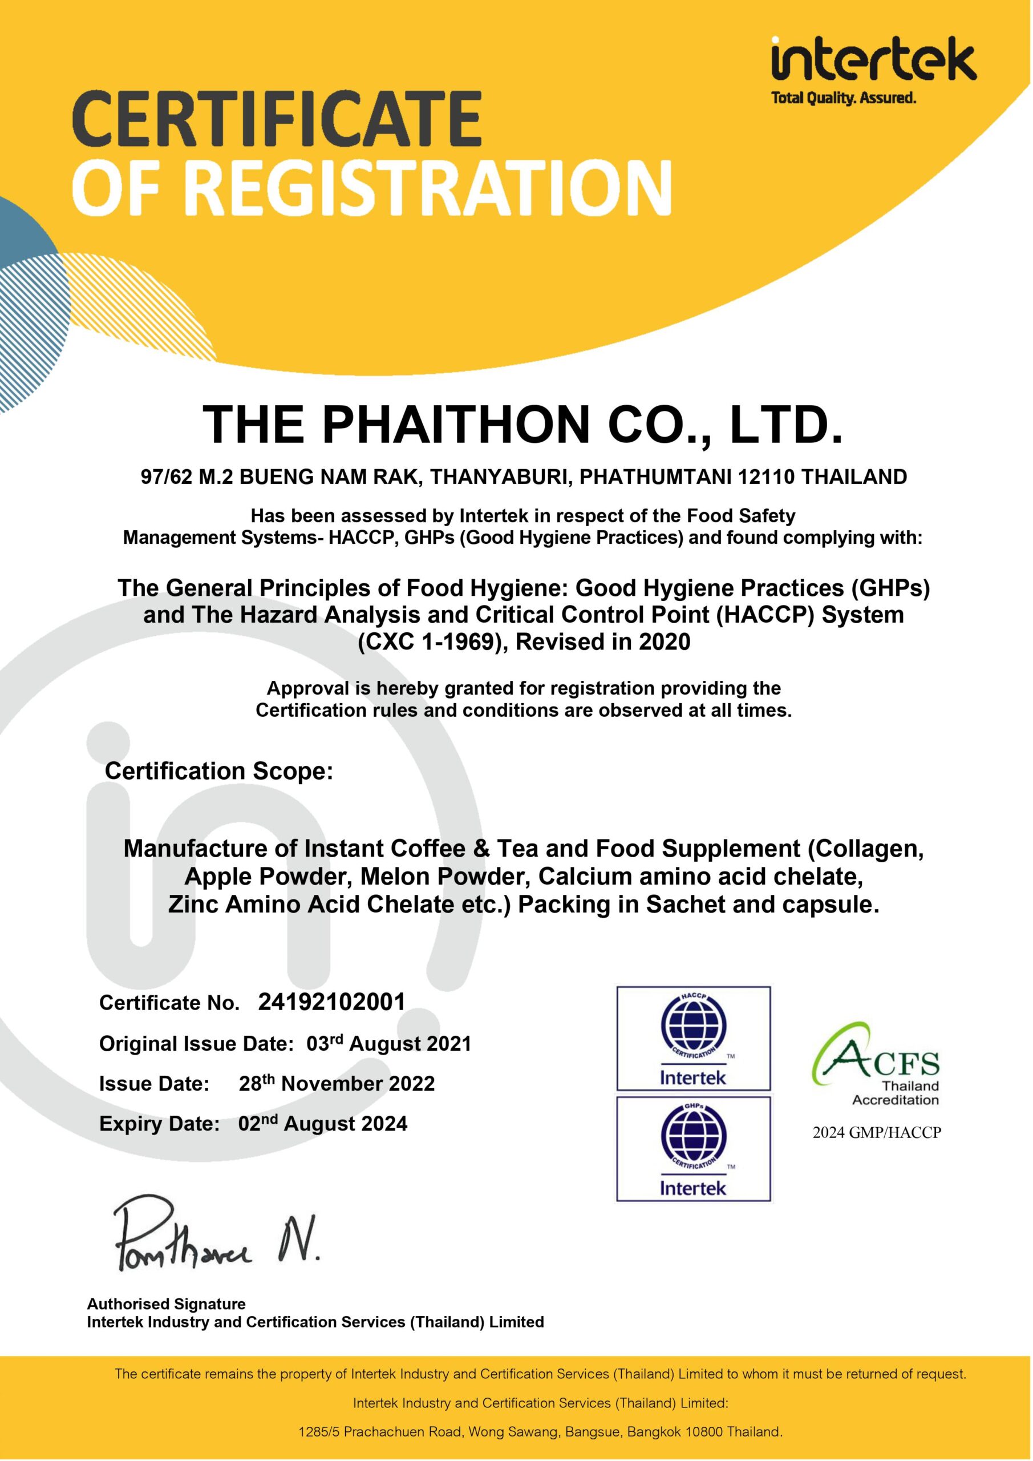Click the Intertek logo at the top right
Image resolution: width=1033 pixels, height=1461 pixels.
(x=873, y=61)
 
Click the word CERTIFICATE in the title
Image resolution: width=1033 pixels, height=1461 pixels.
(x=277, y=119)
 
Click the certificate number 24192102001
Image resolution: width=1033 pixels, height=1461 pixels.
(x=331, y=1002)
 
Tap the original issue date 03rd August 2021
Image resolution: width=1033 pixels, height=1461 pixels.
(x=388, y=1044)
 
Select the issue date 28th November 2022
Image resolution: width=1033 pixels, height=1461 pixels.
(x=337, y=1083)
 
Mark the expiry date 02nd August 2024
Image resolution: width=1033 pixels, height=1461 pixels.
(x=322, y=1123)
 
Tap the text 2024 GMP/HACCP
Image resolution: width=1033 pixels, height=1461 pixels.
(x=877, y=1133)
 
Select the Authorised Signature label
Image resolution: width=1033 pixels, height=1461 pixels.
(x=166, y=1304)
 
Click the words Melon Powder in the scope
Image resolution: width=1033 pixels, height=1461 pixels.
(x=445, y=877)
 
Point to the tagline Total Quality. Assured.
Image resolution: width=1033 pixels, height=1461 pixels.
(x=844, y=98)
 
